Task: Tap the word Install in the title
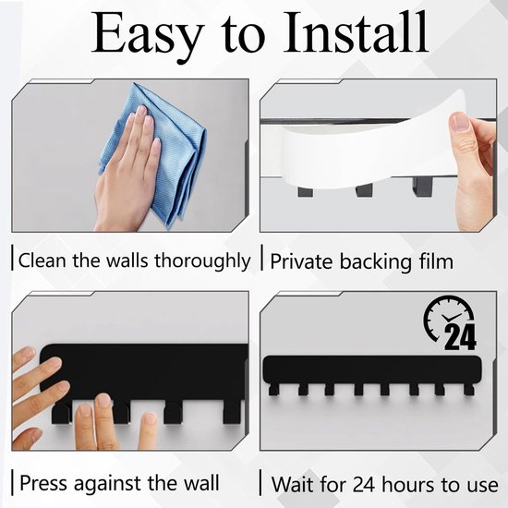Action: (356, 31)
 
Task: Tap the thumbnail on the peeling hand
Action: (459, 122)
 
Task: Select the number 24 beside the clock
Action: (460, 337)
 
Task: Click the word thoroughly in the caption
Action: (202, 261)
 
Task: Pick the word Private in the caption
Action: (301, 261)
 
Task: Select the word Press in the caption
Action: (44, 483)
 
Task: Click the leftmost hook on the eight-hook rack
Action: (273, 389)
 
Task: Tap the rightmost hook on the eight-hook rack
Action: (469, 389)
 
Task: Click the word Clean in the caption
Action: (42, 260)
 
